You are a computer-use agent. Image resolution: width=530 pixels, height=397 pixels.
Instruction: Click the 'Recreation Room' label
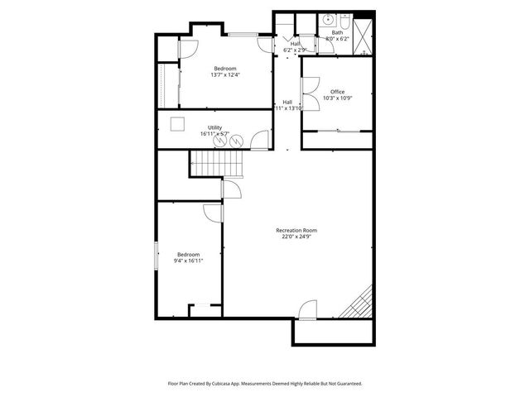pos(296,230)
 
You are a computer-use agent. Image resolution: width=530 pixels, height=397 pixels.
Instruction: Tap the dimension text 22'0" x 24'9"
pos(296,237)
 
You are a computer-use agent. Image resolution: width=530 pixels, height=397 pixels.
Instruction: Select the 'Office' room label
pos(337,92)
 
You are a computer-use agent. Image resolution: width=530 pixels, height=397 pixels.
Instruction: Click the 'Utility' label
pos(214,127)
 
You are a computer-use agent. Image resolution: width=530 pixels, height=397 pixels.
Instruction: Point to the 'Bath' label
pos(337,32)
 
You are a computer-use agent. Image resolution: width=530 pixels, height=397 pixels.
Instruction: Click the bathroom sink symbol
pos(329,18)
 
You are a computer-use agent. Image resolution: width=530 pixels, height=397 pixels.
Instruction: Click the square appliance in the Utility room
pos(177,124)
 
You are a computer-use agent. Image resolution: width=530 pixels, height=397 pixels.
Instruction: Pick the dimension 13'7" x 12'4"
pos(225,75)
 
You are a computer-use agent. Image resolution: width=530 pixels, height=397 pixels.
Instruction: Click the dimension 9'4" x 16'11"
pos(188,261)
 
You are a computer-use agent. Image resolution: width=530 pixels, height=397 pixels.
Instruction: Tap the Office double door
pos(309,89)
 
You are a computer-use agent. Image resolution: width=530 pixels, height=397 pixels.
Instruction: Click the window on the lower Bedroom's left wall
pos(157,256)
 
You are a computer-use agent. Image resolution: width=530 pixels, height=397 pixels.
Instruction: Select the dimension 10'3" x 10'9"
pos(337,98)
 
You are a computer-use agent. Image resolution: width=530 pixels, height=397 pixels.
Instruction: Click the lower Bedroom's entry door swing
pos(214,212)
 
